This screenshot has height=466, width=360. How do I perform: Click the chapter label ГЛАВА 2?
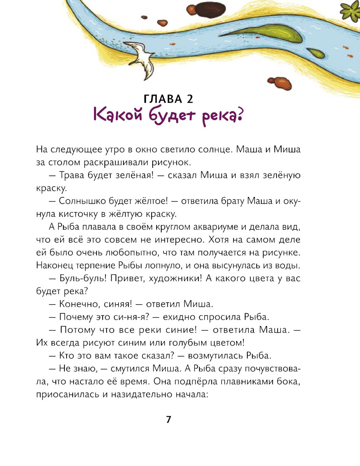[x=168, y=99]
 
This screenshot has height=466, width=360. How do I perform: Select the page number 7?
[x=168, y=419]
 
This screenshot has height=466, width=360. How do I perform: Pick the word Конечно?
[x=77, y=304]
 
